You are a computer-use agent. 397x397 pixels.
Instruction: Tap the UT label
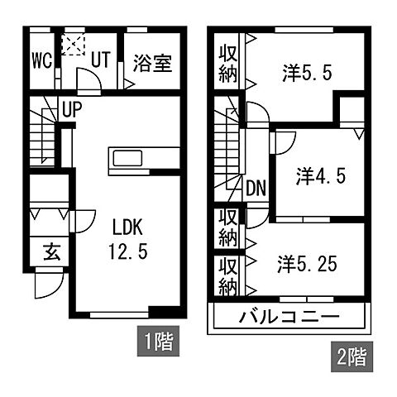pos(102,60)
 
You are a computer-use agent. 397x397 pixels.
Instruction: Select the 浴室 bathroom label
pos(152,63)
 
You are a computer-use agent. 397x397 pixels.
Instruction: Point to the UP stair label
pos(70,108)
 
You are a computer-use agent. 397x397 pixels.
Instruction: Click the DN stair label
pos(256,189)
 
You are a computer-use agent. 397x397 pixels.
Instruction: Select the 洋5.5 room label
pos(309,73)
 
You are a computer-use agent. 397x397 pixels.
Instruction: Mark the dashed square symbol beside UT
pos(75,42)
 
